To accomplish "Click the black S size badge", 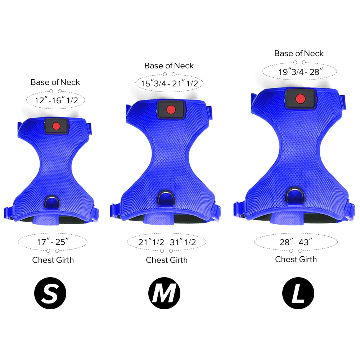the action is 50,293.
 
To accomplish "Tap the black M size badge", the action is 165,293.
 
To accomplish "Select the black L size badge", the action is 298,293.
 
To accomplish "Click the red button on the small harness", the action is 56,126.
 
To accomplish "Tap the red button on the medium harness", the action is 171,109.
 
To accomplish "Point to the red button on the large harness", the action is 300,99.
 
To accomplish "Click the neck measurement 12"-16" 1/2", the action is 56,100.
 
